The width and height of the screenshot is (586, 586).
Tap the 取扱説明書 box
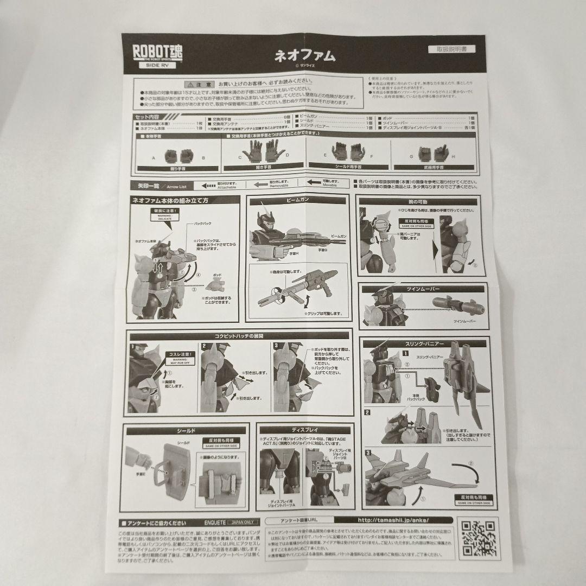coord(451,49)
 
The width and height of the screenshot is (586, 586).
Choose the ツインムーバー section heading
coord(422,288)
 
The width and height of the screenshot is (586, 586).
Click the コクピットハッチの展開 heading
coord(239,335)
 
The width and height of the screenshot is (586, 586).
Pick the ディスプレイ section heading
coord(305,429)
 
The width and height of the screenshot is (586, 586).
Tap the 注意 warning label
coord(199,85)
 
